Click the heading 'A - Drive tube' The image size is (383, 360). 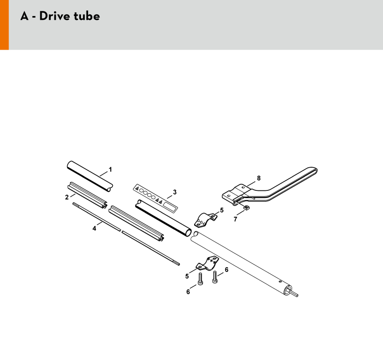[x=60, y=16]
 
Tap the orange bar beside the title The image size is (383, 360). [x=4, y=25]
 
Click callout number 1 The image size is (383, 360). [x=110, y=170]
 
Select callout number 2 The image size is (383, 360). [x=67, y=197]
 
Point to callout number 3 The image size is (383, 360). [x=175, y=192]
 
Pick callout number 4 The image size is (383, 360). [x=94, y=228]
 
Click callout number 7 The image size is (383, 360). [x=235, y=219]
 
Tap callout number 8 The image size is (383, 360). [x=259, y=178]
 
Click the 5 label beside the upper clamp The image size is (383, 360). [x=222, y=210]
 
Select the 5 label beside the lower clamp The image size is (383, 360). [x=187, y=276]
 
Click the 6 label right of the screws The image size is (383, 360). [x=227, y=270]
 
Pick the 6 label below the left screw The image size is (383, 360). [x=188, y=292]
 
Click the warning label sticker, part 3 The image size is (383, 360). [x=155, y=197]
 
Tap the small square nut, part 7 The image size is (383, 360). [x=247, y=208]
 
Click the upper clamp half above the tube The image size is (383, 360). [x=206, y=219]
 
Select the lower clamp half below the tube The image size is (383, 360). [x=207, y=264]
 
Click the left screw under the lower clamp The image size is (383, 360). [x=200, y=279]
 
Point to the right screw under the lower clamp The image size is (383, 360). [x=215, y=277]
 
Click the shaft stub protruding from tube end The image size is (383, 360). [x=294, y=293]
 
